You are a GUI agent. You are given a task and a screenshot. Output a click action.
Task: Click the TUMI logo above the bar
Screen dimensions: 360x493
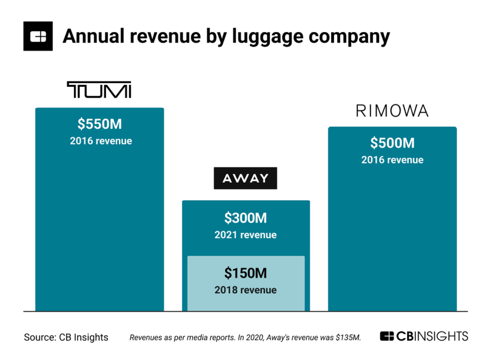click(99, 90)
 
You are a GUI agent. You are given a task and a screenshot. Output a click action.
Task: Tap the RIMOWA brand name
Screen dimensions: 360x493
click(392, 111)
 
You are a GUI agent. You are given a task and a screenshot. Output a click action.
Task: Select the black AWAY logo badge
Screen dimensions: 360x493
click(245, 178)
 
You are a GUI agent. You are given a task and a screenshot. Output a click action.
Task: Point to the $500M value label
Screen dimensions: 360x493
click(392, 144)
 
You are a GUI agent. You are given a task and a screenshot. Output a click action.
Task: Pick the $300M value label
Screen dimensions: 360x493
click(245, 218)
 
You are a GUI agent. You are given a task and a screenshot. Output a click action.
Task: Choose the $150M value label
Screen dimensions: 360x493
click(245, 273)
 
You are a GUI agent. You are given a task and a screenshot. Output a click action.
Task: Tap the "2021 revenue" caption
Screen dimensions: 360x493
click(245, 235)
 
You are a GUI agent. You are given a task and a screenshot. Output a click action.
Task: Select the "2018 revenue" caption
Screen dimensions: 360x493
click(245, 290)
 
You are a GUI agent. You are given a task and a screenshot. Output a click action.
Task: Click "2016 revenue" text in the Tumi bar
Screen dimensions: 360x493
click(101, 141)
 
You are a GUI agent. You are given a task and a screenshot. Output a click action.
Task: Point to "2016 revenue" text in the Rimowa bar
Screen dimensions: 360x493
click(392, 160)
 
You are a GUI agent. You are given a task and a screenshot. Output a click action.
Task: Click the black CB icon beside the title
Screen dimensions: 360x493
click(38, 36)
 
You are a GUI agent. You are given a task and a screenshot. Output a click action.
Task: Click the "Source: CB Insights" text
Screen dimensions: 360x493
click(66, 338)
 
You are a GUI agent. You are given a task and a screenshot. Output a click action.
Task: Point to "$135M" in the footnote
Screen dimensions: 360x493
click(348, 338)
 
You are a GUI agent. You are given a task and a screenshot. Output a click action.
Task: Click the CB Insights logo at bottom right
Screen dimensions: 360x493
click(424, 336)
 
